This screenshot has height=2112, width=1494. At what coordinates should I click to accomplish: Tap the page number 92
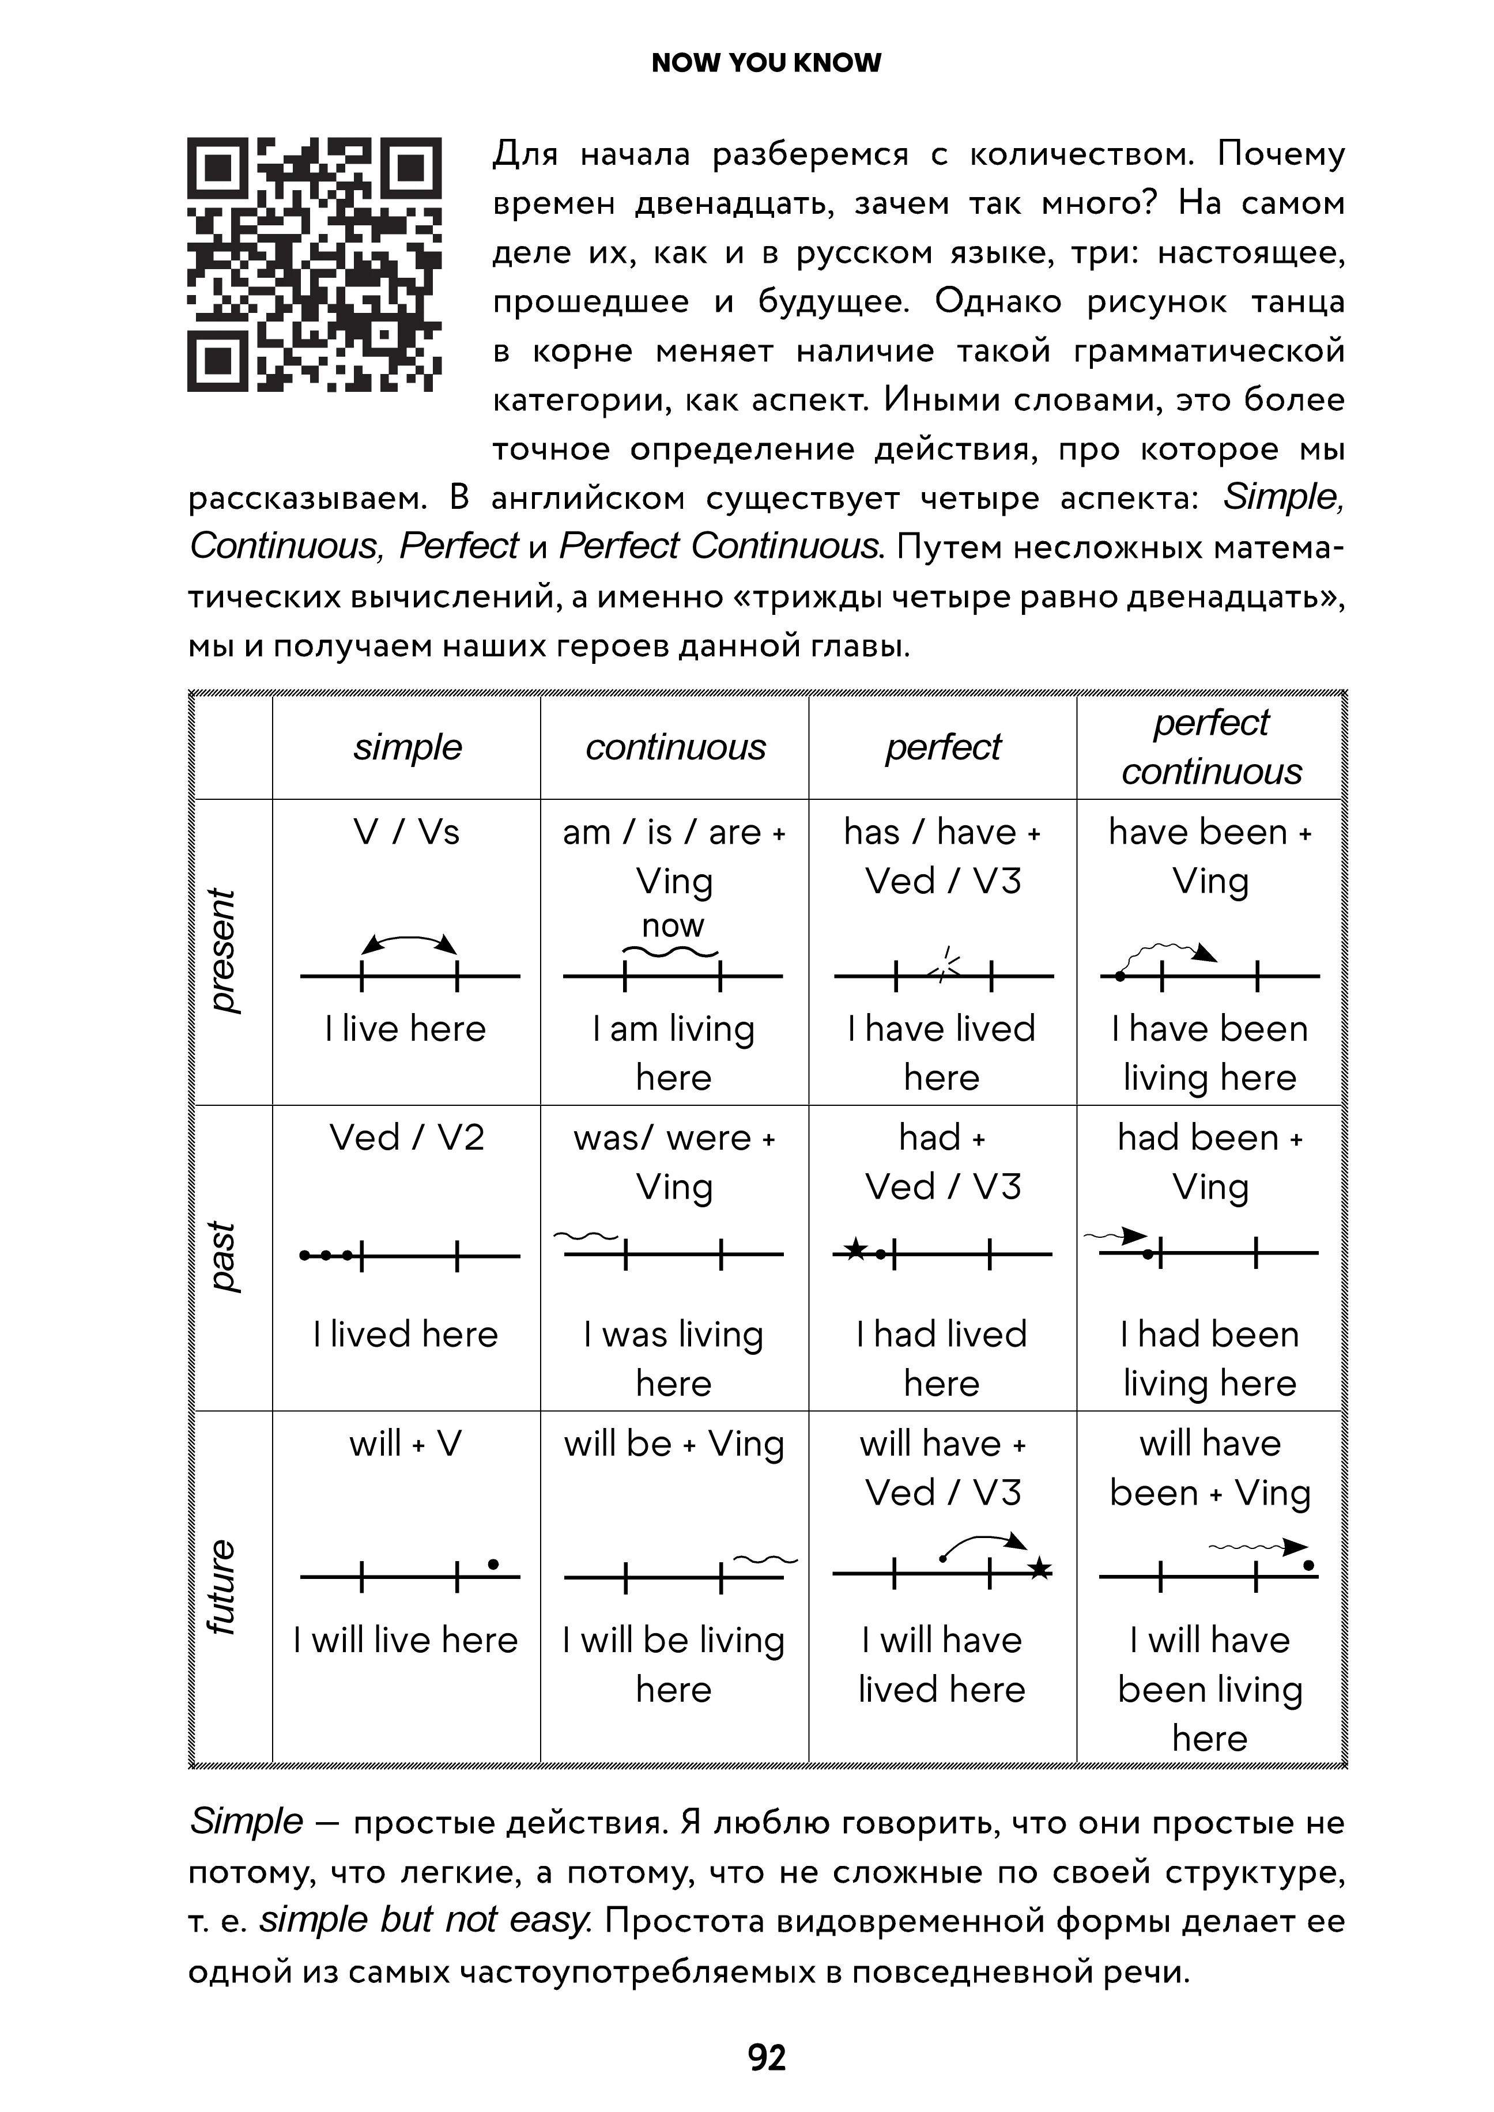click(x=767, y=2057)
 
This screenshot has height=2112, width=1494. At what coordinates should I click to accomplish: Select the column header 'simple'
click(x=408, y=747)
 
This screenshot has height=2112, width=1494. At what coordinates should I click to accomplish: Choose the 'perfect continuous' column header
click(x=1212, y=747)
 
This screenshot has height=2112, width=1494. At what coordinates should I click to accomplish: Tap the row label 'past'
click(x=222, y=1256)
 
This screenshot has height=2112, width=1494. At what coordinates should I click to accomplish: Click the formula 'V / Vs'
click(x=406, y=833)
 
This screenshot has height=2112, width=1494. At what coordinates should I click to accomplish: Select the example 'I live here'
click(x=406, y=1029)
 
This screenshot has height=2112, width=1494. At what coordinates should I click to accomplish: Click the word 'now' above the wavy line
click(x=673, y=925)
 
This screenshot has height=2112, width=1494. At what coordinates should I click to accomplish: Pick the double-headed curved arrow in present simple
click(x=409, y=944)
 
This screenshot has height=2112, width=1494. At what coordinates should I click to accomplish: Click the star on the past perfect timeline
click(x=855, y=1249)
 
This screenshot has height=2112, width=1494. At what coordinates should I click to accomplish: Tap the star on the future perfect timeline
click(x=1040, y=1569)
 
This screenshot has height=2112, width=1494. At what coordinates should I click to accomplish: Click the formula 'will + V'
click(x=406, y=1444)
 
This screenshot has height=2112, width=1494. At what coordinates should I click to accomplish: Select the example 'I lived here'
click(x=406, y=1335)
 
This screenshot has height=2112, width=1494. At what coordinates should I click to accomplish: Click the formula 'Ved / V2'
click(x=406, y=1138)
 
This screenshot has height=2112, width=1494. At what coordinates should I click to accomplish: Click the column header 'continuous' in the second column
click(x=676, y=747)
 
